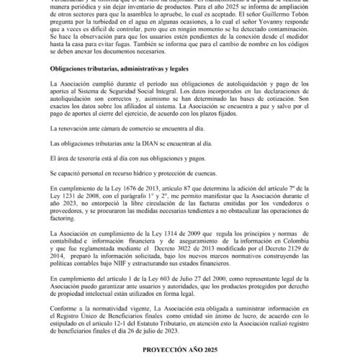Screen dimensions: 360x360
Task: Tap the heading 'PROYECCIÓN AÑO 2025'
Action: pyautogui.click(x=179, y=349)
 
